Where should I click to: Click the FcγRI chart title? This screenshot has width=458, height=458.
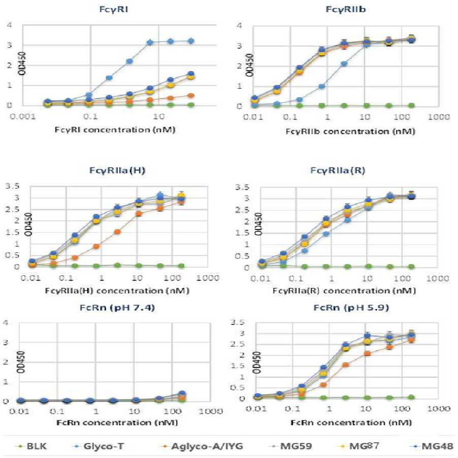pyautogui.click(x=114, y=9)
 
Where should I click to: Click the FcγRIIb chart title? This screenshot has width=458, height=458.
pyautogui.click(x=346, y=9)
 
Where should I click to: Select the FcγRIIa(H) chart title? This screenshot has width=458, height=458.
pyautogui.click(x=117, y=170)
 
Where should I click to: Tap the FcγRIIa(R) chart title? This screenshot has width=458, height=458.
pyautogui.click(x=338, y=170)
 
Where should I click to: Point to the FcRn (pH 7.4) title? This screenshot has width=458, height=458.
pyautogui.click(x=117, y=308)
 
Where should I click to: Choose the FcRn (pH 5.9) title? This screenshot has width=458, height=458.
pyautogui.click(x=351, y=308)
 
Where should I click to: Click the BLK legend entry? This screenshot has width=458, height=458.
pyautogui.click(x=32, y=446)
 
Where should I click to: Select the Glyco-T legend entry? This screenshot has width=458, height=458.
pyautogui.click(x=99, y=446)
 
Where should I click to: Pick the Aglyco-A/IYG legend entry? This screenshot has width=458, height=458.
pyautogui.click(x=202, y=446)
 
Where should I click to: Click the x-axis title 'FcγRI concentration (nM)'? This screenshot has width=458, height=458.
pyautogui.click(x=115, y=129)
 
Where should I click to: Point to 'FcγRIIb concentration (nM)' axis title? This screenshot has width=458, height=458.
pyautogui.click(x=350, y=132)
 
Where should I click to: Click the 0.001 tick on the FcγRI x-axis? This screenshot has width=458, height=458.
pyautogui.click(x=23, y=117)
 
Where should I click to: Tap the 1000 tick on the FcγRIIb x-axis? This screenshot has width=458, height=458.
pyautogui.click(x=439, y=117)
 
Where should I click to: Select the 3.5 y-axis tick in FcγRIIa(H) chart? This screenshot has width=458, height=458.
pyautogui.click(x=12, y=186)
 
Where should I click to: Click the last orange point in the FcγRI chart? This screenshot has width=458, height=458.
pyautogui.click(x=191, y=95)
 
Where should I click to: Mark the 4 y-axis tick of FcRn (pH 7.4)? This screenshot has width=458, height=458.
pyautogui.click(x=6, y=322)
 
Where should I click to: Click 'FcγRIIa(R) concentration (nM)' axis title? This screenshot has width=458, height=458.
pyautogui.click(x=344, y=291)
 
